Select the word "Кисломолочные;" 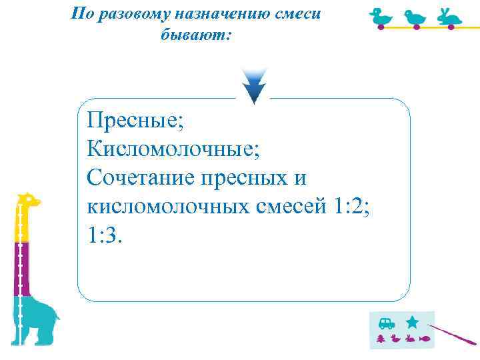(x=173, y=149)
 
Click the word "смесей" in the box (x=290, y=207)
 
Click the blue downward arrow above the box (x=254, y=86)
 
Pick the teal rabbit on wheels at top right (x=449, y=18)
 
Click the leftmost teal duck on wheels (x=383, y=18)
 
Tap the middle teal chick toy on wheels (x=416, y=19)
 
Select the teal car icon (x=386, y=323)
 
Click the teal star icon (x=413, y=322)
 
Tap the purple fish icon (x=425, y=339)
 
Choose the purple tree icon (x=381, y=339)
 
